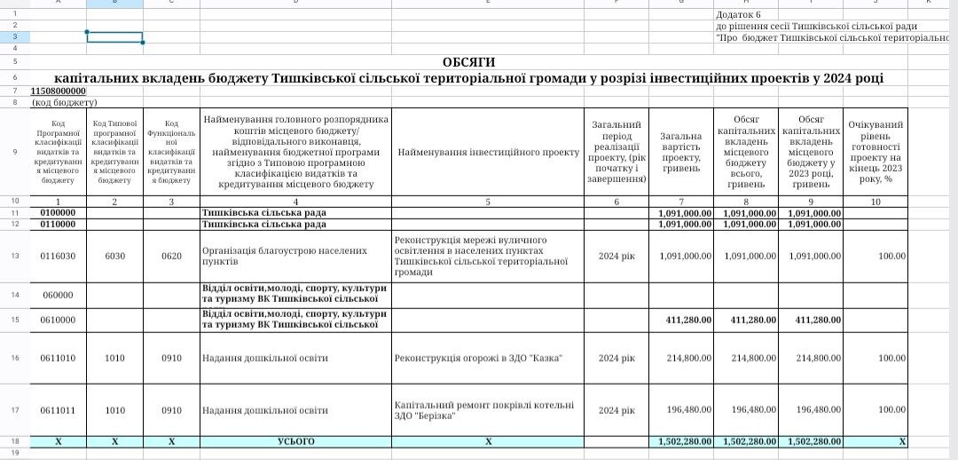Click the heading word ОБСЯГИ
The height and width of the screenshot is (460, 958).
(469, 62)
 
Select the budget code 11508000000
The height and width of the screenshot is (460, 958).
(59, 91)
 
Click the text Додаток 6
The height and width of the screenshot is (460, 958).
(739, 14)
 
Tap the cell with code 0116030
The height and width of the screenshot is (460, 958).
(59, 257)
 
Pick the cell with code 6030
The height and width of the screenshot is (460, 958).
(115, 257)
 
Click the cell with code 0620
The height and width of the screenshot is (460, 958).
(171, 257)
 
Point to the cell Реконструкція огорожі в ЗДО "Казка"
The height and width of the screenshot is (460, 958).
(478, 358)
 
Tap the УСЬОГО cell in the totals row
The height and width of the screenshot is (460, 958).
(295, 441)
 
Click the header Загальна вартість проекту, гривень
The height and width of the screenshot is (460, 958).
(681, 152)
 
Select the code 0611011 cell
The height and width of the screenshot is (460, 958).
(59, 410)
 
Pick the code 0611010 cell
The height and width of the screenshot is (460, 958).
(59, 358)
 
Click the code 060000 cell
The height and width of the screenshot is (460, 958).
(59, 295)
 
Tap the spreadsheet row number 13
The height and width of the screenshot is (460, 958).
(15, 257)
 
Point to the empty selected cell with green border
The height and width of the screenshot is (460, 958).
(114, 37)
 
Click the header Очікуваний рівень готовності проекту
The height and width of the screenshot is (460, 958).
(876, 152)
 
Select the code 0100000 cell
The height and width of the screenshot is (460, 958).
(59, 213)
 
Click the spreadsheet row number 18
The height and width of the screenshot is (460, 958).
(15, 441)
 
